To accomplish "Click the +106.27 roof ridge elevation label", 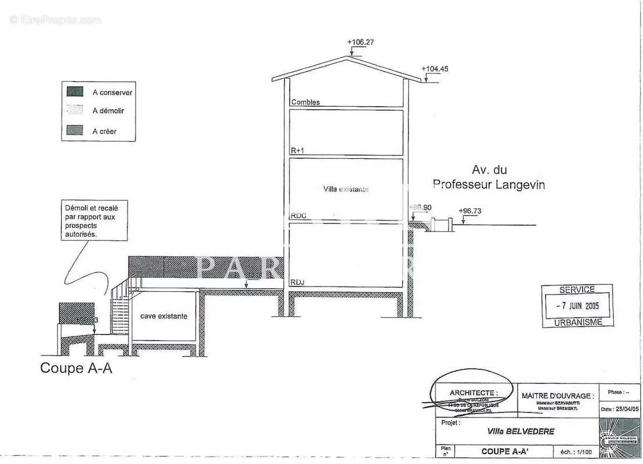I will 360,42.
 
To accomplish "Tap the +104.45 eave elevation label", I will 435,69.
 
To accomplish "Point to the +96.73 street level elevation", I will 469,211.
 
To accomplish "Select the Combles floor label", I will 305,103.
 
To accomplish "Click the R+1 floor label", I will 298,151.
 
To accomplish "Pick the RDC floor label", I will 299,216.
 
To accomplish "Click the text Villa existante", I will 346,189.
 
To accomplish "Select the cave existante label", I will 164,317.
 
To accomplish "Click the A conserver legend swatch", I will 75,92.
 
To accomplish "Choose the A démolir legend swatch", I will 75,111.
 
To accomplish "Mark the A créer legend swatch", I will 75,130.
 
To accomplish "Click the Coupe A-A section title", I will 75,368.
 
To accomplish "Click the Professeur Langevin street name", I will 489,185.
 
